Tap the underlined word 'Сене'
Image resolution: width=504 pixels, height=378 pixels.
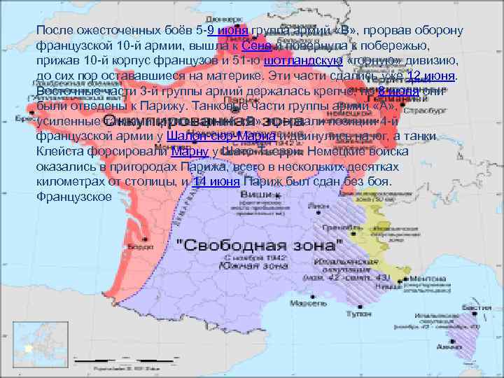tap(254, 45)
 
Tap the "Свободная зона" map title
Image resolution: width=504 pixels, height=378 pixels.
tap(260, 247)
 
